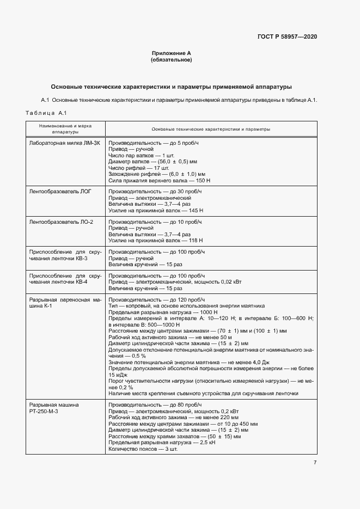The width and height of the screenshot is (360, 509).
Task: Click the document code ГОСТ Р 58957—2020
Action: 286,36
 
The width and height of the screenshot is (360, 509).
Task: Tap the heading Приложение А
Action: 171,53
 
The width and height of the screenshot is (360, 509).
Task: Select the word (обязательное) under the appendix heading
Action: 171,60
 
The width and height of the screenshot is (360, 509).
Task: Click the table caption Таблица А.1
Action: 46,113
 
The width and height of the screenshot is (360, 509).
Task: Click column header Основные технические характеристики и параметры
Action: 210,129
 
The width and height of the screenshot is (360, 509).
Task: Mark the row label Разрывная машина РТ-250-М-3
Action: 53,408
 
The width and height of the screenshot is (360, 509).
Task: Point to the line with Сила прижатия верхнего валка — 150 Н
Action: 160,180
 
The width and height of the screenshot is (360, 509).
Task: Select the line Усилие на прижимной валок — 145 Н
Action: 156,210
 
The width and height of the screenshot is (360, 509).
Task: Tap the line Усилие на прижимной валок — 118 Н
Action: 156,240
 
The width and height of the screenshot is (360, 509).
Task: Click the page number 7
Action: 315,463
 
